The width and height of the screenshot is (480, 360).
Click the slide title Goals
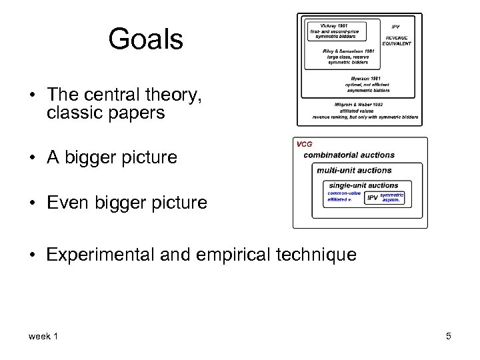[x=145, y=40]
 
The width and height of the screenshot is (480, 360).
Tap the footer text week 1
[x=43, y=336]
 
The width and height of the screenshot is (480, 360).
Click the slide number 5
[x=449, y=336]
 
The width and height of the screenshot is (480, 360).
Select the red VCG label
[x=303, y=143]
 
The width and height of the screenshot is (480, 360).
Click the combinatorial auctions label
[x=349, y=155]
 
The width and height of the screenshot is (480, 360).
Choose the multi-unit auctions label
[x=354, y=171]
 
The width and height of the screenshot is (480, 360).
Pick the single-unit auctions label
[x=363, y=185]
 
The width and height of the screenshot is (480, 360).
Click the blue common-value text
[x=344, y=193]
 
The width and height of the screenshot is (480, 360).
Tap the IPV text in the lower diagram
[x=373, y=197]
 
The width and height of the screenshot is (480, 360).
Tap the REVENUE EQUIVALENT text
[x=397, y=41]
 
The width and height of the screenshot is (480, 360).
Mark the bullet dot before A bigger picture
[x=33, y=158]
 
